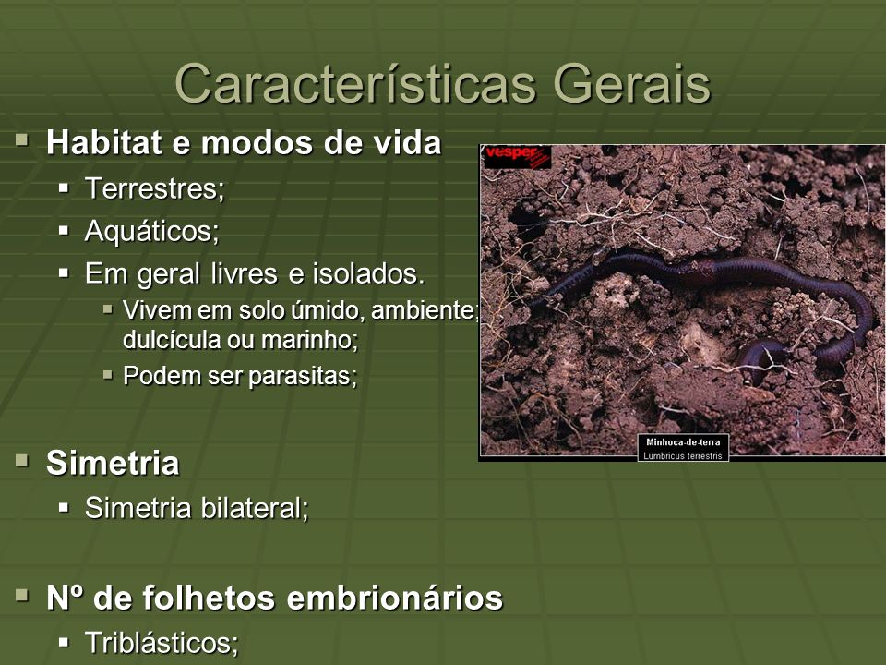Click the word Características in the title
355,84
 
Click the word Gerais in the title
631,84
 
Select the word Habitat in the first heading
104,142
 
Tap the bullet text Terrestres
155,188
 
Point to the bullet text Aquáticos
152,231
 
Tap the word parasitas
303,376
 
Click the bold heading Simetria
113,463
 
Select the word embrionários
395,598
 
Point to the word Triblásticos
162,643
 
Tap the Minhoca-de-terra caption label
683,442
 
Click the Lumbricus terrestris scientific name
683,455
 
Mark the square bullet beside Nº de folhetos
22,596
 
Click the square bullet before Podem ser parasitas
108,374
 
